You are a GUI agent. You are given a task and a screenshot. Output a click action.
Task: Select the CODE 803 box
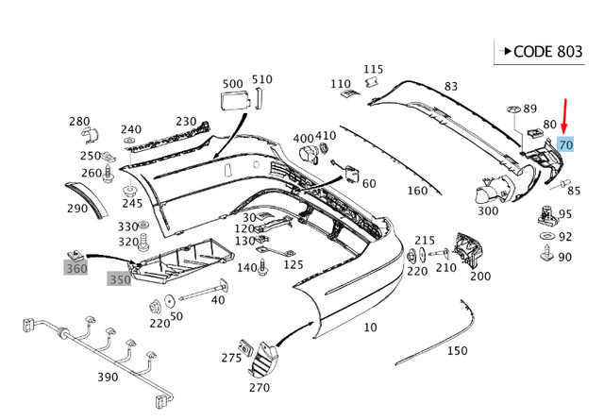point(545,51)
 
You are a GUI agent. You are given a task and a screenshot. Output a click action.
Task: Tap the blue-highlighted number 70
point(565,144)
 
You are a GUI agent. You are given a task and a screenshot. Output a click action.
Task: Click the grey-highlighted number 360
point(75,268)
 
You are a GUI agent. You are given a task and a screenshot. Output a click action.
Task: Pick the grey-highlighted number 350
point(120,280)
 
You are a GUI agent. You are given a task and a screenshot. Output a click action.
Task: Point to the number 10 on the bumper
point(370,328)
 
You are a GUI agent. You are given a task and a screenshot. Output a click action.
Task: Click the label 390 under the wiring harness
point(108,378)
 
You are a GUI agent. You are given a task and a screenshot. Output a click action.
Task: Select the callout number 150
point(457,351)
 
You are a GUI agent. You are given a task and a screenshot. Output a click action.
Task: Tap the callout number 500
point(231,82)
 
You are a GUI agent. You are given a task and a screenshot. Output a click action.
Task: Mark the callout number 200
point(479,276)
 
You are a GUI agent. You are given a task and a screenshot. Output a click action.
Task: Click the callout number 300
point(488,210)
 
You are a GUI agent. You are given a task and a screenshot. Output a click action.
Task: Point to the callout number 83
point(451,87)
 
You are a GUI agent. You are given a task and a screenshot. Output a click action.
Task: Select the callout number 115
point(374,69)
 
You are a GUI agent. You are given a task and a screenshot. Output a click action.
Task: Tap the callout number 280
point(79,121)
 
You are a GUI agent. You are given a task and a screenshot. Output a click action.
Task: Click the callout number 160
point(417,191)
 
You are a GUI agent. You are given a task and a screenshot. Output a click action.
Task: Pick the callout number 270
point(259,386)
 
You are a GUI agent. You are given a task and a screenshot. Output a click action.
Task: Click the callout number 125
point(294,265)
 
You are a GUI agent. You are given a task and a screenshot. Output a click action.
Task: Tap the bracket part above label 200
point(469,248)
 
